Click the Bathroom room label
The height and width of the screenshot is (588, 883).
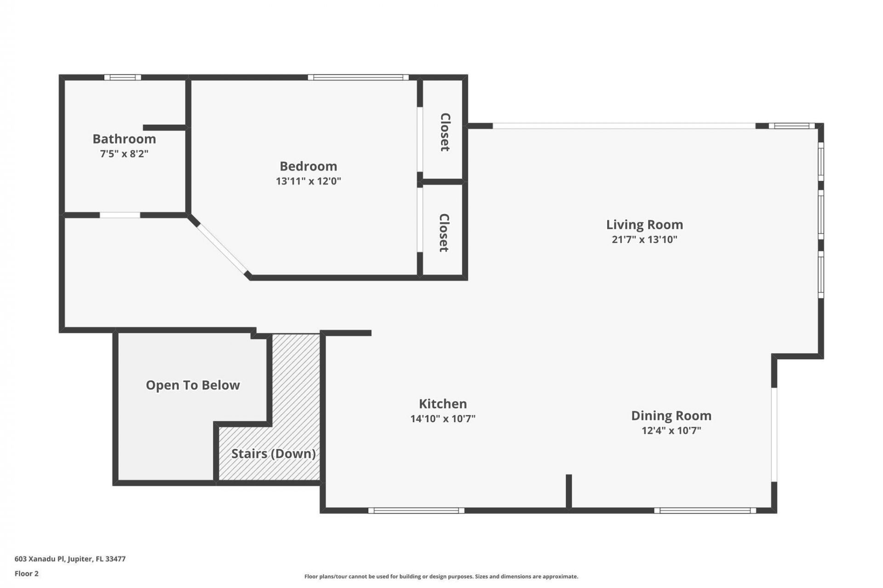click(x=124, y=139)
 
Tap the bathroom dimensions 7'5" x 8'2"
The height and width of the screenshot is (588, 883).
click(x=124, y=153)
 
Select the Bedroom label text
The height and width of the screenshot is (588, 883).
click(x=308, y=166)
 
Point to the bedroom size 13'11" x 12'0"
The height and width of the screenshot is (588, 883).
click(x=308, y=181)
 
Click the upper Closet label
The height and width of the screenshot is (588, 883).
click(x=445, y=132)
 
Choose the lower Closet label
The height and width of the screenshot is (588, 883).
click(x=444, y=232)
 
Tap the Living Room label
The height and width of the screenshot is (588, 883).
click(x=644, y=225)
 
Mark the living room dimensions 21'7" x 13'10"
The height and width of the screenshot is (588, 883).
click(x=644, y=239)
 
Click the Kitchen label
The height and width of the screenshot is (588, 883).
click(x=442, y=404)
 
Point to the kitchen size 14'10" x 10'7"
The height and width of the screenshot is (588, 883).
click(x=442, y=418)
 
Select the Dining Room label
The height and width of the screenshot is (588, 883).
click(x=671, y=416)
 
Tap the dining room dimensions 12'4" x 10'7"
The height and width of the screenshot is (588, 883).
click(x=671, y=430)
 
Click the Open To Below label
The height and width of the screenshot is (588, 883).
click(x=193, y=385)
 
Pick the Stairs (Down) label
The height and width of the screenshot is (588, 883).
click(x=273, y=454)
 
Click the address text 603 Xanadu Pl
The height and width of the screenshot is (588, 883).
click(x=70, y=559)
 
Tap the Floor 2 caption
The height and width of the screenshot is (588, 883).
click(x=27, y=573)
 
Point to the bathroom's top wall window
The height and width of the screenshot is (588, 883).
click(x=122, y=77)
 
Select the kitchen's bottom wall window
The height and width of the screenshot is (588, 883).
click(x=416, y=510)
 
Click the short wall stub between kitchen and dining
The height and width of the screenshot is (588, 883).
click(x=568, y=491)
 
